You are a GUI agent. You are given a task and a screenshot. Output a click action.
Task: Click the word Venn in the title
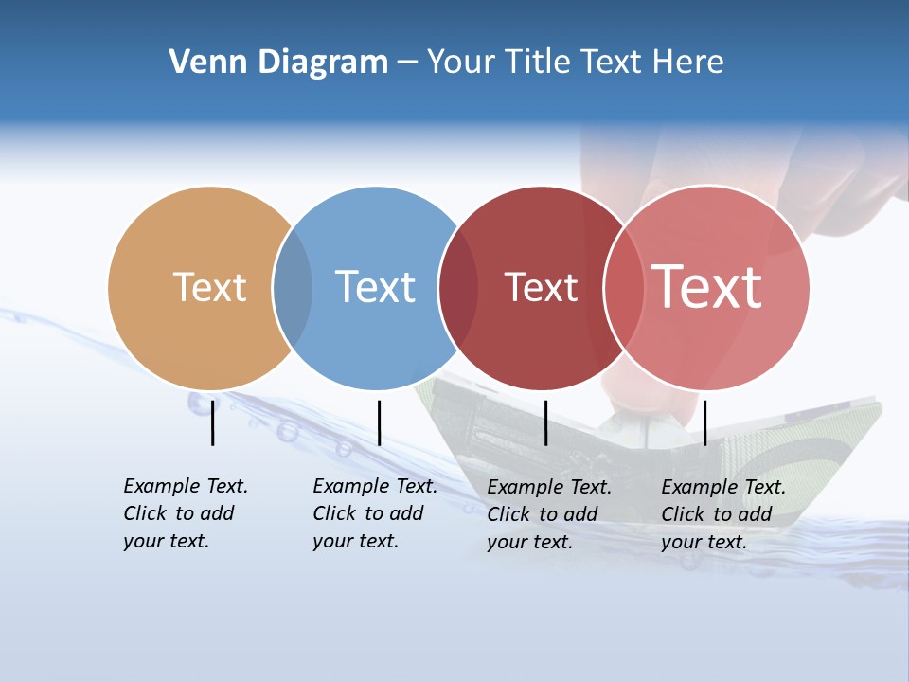(x=201, y=62)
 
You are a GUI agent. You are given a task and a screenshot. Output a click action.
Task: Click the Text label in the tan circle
(x=209, y=287)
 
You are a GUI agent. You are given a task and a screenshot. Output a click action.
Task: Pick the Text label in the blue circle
(x=375, y=287)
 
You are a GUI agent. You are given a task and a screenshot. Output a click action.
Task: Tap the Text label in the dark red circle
(x=541, y=287)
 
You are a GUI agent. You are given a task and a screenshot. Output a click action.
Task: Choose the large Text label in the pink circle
(x=706, y=287)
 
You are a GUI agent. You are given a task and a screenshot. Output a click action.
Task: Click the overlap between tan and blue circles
(x=293, y=288)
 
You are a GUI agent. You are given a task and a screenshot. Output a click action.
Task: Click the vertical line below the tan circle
(x=213, y=422)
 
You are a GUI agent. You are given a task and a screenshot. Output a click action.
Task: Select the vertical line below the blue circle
(x=379, y=422)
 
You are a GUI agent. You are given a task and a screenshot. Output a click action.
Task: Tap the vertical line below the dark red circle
(x=545, y=422)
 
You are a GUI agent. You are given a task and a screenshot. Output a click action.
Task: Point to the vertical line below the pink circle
(x=704, y=422)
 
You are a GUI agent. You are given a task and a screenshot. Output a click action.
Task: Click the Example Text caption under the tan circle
(x=186, y=513)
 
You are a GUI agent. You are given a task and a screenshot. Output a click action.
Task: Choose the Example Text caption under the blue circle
(x=375, y=513)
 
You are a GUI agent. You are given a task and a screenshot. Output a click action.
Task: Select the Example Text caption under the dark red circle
(x=549, y=514)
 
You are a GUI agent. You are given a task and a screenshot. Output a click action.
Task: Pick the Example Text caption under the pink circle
(x=723, y=514)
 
